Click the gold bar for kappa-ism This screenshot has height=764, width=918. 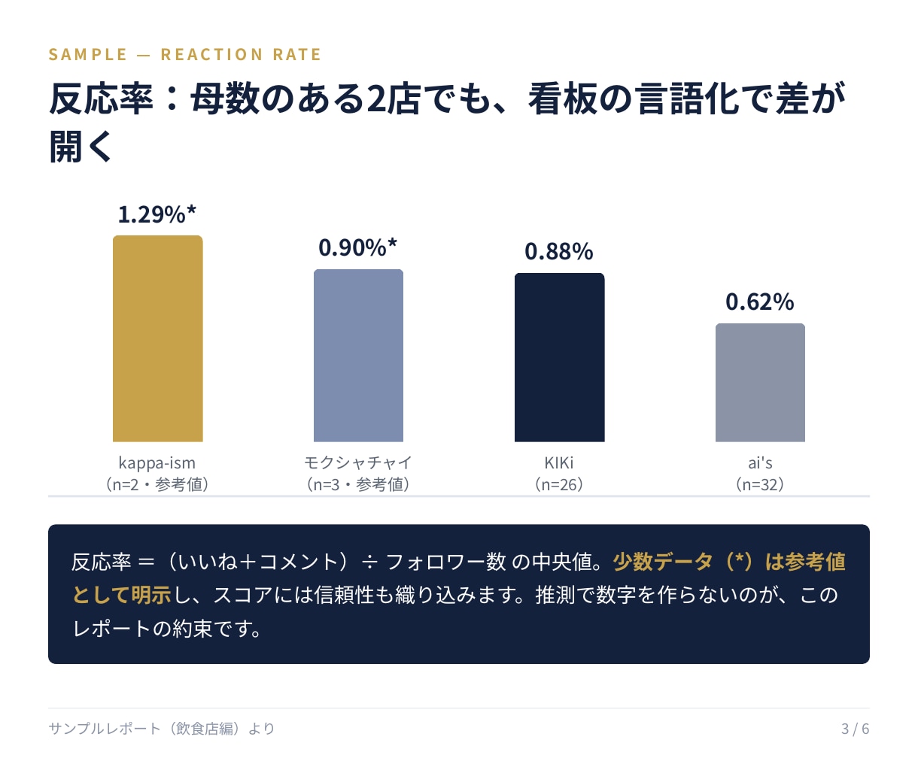[157, 338]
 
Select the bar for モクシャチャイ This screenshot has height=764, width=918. [358, 356]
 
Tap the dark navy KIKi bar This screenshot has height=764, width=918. [559, 357]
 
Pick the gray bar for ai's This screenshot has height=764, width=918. [760, 383]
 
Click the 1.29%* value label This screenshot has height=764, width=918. [157, 214]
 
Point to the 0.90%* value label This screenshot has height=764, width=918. [357, 247]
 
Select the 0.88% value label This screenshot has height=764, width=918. [559, 251]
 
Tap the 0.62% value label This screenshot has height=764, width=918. [760, 302]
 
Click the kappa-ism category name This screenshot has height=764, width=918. [157, 462]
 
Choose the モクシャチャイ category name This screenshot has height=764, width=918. [358, 462]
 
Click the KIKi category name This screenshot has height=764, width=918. [559, 462]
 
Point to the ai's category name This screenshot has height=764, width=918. [760, 462]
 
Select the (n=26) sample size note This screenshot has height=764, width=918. [559, 484]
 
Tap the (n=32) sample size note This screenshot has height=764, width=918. [760, 484]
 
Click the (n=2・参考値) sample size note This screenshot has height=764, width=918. [157, 484]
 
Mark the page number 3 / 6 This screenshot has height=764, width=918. [855, 729]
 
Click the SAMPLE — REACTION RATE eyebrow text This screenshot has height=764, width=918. [184, 54]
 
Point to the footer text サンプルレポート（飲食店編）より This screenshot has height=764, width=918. [161, 729]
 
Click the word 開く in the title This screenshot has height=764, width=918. [81, 147]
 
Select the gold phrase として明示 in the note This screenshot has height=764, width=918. [122, 596]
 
